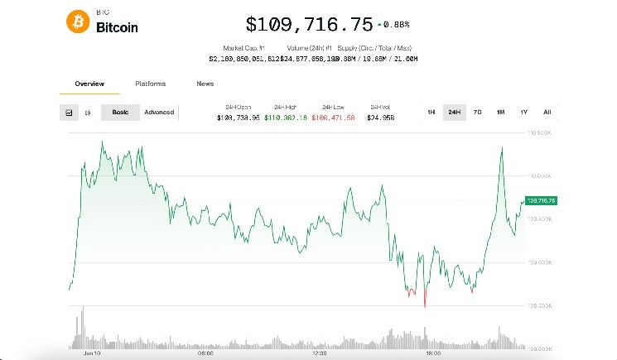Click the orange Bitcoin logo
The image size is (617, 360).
[x=78, y=22]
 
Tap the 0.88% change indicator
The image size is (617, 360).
[x=394, y=24]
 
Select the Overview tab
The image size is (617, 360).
[x=89, y=84]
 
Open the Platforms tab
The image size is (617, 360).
[x=151, y=84]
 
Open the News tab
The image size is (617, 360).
[x=205, y=84]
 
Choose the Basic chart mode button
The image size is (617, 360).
[x=120, y=113]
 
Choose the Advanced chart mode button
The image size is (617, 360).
[x=159, y=113]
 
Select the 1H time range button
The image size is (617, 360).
[x=431, y=113]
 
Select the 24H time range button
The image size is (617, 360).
[x=454, y=113]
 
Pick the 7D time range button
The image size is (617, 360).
[x=477, y=113]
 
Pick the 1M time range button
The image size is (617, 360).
[x=500, y=113]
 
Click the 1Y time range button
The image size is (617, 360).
[x=523, y=113]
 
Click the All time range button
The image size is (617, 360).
[x=547, y=113]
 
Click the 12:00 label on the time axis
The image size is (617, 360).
[x=319, y=353]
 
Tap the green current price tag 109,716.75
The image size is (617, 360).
[x=540, y=200]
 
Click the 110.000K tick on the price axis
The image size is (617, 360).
[x=540, y=175]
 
